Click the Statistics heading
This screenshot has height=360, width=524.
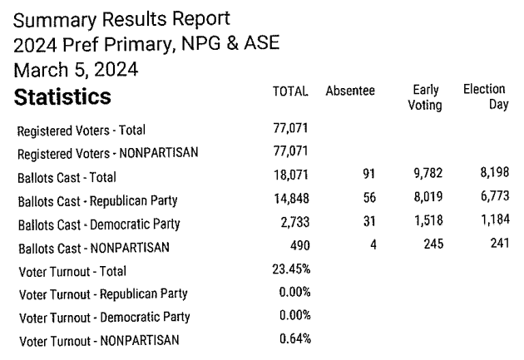pyautogui.click(x=63, y=97)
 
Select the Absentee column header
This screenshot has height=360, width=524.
pyautogui.click(x=350, y=91)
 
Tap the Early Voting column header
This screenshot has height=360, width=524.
pyautogui.click(x=425, y=97)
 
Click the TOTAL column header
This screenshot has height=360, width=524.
pyautogui.click(x=291, y=91)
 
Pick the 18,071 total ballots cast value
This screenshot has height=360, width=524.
pyautogui.click(x=292, y=176)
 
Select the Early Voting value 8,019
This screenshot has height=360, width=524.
pyautogui.click(x=426, y=200)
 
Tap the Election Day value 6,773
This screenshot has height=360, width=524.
pyautogui.click(x=486, y=200)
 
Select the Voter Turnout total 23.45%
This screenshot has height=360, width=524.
pyautogui.click(x=291, y=269)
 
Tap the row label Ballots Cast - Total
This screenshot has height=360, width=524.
pyautogui.click(x=67, y=177)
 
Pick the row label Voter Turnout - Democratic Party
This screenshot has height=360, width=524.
pyautogui.click(x=103, y=317)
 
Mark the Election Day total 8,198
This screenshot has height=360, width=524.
pyautogui.click(x=486, y=176)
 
